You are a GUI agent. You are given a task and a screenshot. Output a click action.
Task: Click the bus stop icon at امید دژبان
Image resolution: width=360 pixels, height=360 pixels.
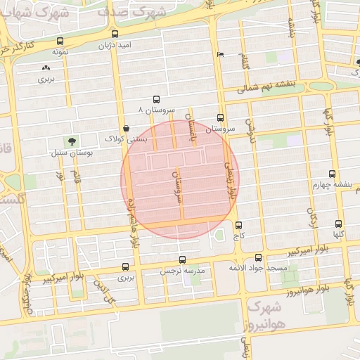click(x=115, y=34)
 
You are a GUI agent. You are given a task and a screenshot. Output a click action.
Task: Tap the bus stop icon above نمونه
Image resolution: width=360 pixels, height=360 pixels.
click(x=59, y=41)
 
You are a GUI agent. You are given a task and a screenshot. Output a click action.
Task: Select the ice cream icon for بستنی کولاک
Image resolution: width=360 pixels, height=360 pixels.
click(x=125, y=128)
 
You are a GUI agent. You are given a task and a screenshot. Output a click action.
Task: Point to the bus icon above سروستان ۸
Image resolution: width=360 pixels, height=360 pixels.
click(x=155, y=99)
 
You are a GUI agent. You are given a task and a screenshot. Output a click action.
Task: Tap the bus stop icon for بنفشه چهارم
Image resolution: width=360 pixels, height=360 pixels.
click(x=332, y=174)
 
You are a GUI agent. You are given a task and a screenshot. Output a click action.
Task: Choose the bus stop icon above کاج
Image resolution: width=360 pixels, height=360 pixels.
click(x=239, y=226)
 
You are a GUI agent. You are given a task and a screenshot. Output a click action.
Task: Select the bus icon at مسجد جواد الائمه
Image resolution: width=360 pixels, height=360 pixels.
click(x=258, y=257)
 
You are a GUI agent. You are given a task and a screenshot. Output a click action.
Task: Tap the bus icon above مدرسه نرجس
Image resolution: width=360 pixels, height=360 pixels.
click(x=182, y=259)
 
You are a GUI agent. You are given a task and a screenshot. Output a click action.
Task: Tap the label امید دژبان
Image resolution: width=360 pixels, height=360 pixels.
click(x=115, y=44)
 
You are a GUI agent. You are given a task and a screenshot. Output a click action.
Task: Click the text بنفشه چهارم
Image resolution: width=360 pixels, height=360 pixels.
click(x=330, y=184)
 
